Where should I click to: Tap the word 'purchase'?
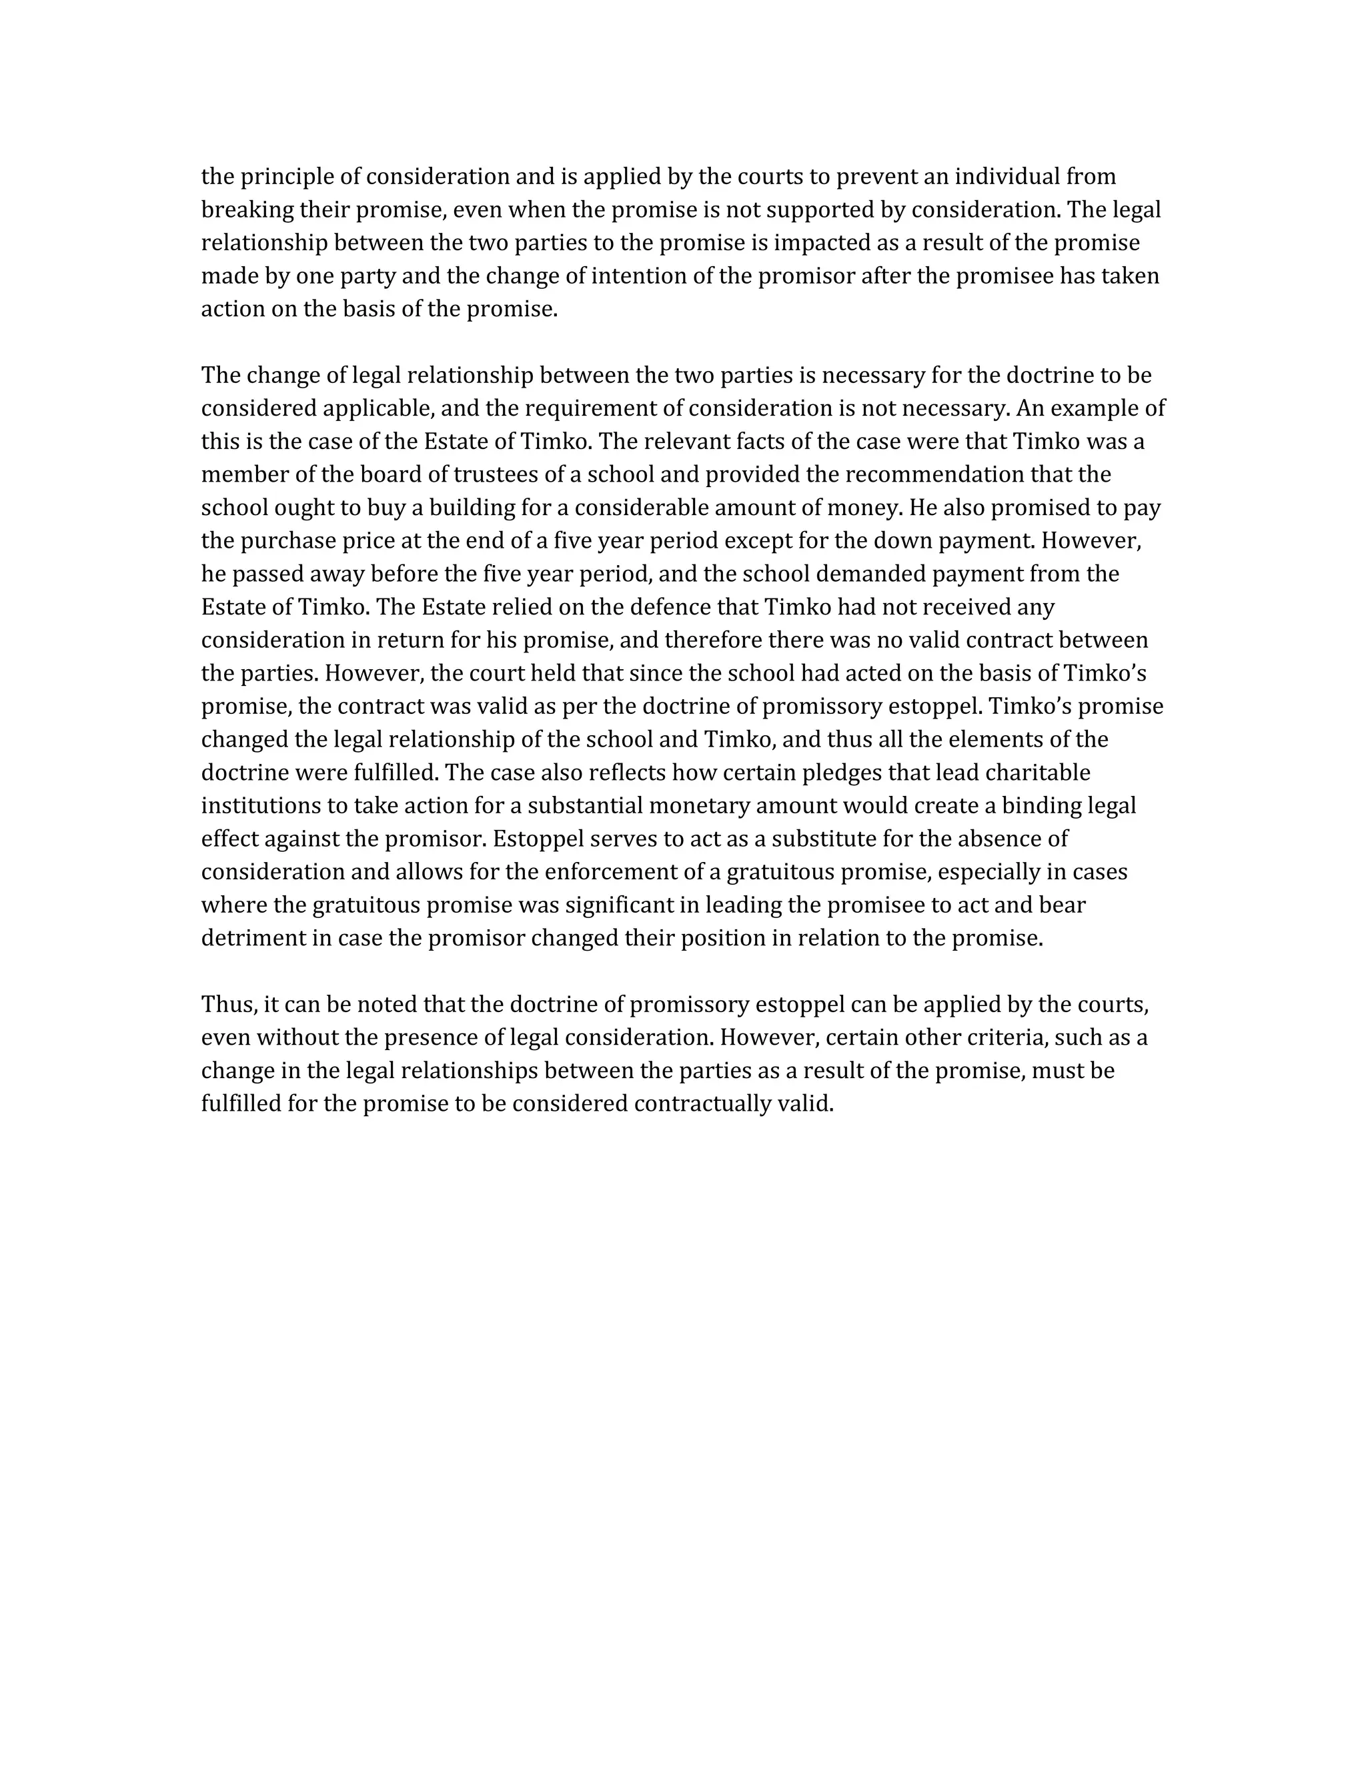[x=279, y=541]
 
